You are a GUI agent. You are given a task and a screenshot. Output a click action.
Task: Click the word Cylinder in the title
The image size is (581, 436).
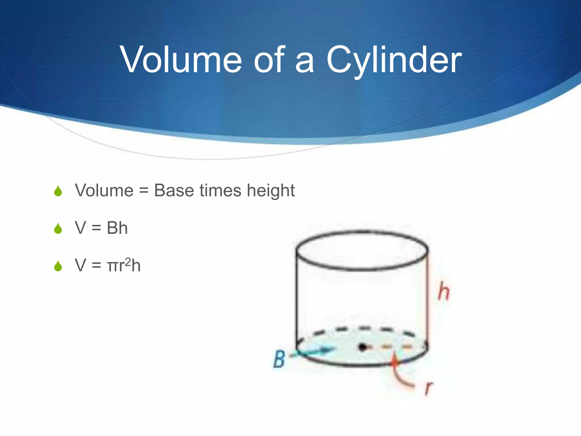tap(394, 60)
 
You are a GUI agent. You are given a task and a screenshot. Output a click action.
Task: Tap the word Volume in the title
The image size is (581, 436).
tap(181, 60)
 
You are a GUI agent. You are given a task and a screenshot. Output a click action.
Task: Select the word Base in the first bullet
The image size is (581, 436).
tap(174, 190)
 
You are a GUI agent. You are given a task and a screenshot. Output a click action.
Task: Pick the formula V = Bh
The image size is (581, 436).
tap(101, 228)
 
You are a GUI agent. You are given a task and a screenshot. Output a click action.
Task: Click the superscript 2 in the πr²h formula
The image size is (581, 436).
tap(128, 261)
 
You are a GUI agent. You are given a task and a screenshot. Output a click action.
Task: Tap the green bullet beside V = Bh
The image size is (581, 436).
tap(58, 229)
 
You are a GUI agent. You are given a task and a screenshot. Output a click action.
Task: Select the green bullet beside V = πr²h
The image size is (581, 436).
tap(58, 266)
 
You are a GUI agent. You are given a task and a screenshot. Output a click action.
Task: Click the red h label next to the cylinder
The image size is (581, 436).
tap(444, 292)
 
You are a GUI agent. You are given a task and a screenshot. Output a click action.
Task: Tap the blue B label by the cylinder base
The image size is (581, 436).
tap(279, 359)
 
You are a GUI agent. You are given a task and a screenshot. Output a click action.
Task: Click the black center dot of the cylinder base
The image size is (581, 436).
tap(362, 347)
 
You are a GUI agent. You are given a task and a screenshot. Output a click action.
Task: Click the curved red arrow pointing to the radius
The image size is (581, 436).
tap(399, 372)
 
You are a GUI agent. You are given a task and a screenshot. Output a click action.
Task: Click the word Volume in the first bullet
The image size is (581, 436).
tap(104, 190)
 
